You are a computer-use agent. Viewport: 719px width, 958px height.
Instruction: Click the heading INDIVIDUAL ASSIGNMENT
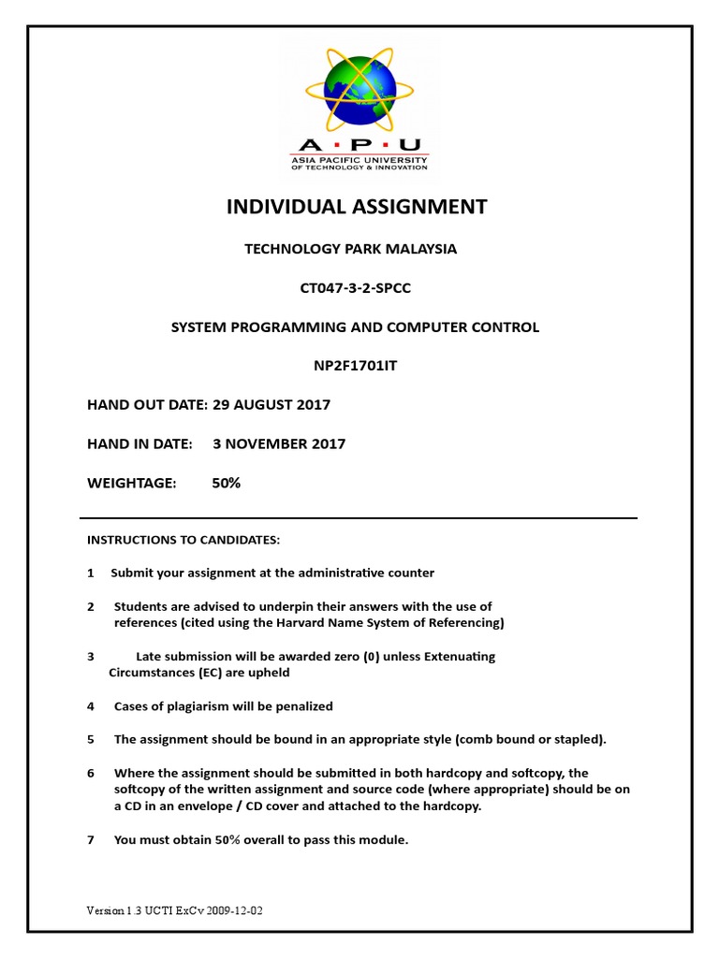click(x=357, y=207)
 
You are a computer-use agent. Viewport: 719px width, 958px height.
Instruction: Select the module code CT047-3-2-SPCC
click(x=356, y=288)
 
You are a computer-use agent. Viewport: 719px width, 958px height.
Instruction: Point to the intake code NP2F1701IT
click(x=356, y=366)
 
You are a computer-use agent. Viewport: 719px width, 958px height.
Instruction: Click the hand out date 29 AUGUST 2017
click(x=271, y=405)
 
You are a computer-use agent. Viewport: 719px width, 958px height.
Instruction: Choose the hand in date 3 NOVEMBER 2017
click(x=279, y=444)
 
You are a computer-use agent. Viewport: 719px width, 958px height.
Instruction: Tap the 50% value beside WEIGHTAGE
click(x=227, y=483)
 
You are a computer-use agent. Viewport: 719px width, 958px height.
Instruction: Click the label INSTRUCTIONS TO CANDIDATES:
click(x=183, y=540)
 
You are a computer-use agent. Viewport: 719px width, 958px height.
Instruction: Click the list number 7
click(x=91, y=840)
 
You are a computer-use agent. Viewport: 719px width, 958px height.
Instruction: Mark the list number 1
click(x=91, y=573)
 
